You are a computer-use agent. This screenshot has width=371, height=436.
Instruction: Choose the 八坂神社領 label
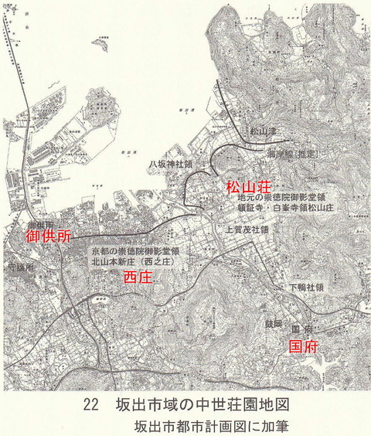point(172,165)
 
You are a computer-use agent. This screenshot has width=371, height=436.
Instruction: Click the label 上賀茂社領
point(244,230)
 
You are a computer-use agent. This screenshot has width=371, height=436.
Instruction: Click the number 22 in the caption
point(91,404)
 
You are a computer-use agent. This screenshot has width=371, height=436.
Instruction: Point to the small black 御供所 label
point(40,224)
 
